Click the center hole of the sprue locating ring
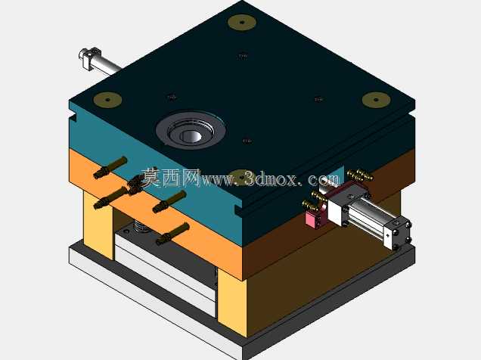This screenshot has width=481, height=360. tap(192, 135)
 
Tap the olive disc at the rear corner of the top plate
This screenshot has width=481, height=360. tap(242, 23)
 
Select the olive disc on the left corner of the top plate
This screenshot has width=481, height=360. tap(107, 100)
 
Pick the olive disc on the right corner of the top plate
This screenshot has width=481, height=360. tap(376, 100)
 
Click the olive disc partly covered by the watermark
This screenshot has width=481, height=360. tap(242, 177)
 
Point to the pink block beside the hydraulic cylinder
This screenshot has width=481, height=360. tap(314, 218)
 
